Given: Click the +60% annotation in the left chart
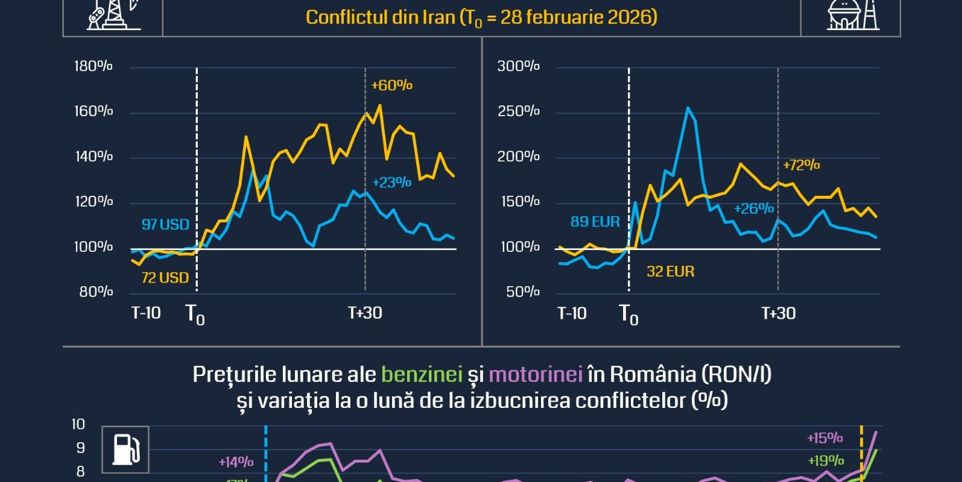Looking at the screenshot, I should point(391,86).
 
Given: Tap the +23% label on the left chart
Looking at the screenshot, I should point(391,182).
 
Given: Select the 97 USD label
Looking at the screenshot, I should point(165,225).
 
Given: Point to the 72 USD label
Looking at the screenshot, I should point(165,278).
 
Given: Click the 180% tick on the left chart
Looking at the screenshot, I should point(93,66).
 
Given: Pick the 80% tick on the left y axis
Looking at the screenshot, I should point(96,292).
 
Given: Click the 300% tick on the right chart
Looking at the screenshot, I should point(518,66).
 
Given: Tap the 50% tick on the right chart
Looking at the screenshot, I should point(522,292).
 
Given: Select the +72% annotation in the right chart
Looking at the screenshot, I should point(801,165).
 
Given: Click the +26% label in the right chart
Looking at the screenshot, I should point(753,208).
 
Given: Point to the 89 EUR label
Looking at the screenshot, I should point(595,222).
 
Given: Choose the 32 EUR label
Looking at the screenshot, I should point(670,272).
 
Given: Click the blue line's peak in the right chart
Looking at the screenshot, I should point(688,108).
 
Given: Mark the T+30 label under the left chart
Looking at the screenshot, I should point(365,313).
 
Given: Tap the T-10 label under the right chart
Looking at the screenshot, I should point(572,313).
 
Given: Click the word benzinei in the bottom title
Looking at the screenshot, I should point(422,375).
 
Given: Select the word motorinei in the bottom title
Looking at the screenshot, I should point(536,375).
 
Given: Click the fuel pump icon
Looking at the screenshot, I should point(125,449).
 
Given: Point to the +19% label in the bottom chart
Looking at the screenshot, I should point(826,461).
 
